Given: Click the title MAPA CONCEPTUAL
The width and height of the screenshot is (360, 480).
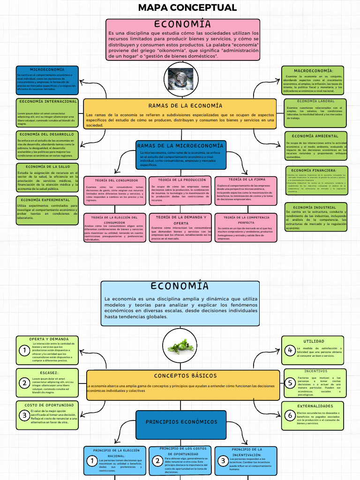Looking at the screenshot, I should [x=187, y=7].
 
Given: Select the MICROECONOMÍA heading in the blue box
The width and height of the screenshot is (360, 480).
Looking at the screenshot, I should [x=47, y=69].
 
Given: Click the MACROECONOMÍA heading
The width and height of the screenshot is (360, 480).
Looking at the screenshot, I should [x=314, y=70].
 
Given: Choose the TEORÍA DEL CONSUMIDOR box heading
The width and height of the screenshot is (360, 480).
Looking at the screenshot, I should [x=116, y=180].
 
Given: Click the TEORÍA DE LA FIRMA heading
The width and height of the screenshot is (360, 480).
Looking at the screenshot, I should [x=247, y=180].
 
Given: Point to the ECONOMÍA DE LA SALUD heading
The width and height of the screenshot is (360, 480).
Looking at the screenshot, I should [x=48, y=166].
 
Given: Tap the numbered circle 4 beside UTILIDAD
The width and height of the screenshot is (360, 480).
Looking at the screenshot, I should [x=290, y=350].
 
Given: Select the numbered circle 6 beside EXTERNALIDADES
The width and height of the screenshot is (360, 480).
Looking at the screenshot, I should [x=290, y=415].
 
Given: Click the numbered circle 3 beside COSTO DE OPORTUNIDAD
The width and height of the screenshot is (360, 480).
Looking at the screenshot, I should [x=24, y=415].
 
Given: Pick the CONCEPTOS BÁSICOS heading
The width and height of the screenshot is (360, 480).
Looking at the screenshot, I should [x=185, y=375].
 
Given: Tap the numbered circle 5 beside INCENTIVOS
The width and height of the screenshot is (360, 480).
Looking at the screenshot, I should [x=290, y=382].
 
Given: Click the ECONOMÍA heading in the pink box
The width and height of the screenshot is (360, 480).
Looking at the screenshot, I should [x=182, y=24].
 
